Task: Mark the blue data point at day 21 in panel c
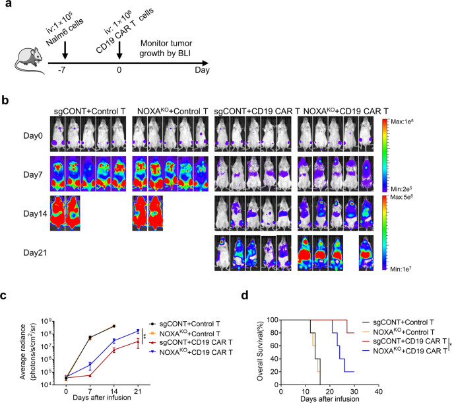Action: (x=137, y=331)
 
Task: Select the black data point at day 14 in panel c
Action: (x=113, y=326)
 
